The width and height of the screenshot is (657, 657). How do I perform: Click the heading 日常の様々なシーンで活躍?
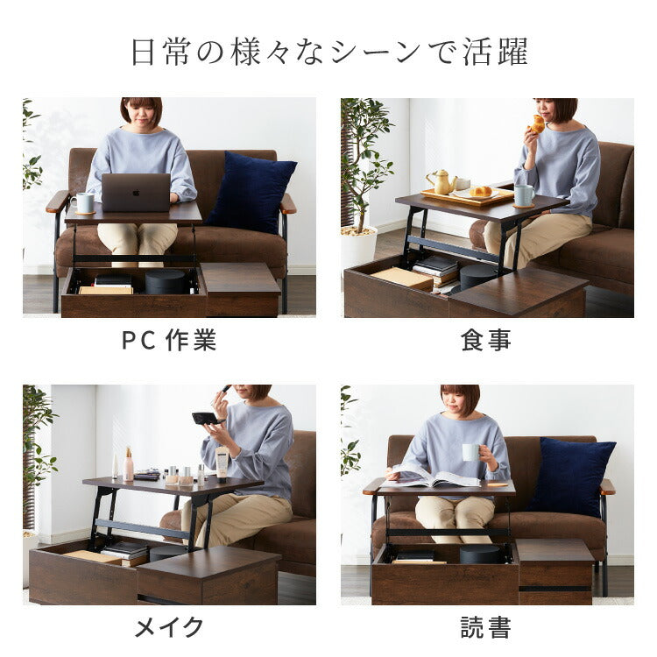point(328,52)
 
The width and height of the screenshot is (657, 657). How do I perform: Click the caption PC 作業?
point(169,340)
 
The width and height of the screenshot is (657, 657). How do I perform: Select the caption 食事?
point(485,340)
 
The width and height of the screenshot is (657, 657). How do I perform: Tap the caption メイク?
point(169,626)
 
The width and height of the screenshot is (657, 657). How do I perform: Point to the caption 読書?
point(485,626)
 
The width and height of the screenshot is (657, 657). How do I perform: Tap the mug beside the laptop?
point(85,203)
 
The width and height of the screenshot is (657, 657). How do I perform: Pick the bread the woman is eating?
point(537,124)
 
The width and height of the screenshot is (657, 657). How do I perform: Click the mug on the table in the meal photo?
point(524,194)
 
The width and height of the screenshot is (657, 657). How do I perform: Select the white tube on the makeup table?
point(223,463)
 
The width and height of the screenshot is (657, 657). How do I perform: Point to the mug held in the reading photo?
point(471,453)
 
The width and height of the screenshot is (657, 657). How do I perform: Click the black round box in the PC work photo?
point(167,281)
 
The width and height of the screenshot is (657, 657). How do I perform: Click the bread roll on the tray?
point(481,191)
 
